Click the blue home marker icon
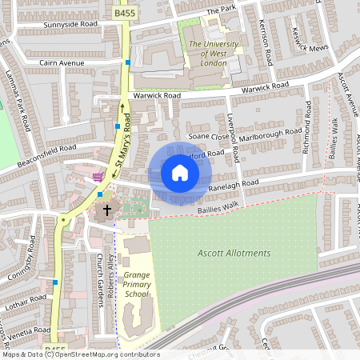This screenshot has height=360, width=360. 180,173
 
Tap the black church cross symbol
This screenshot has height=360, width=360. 106,211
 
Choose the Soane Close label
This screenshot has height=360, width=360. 203,137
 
